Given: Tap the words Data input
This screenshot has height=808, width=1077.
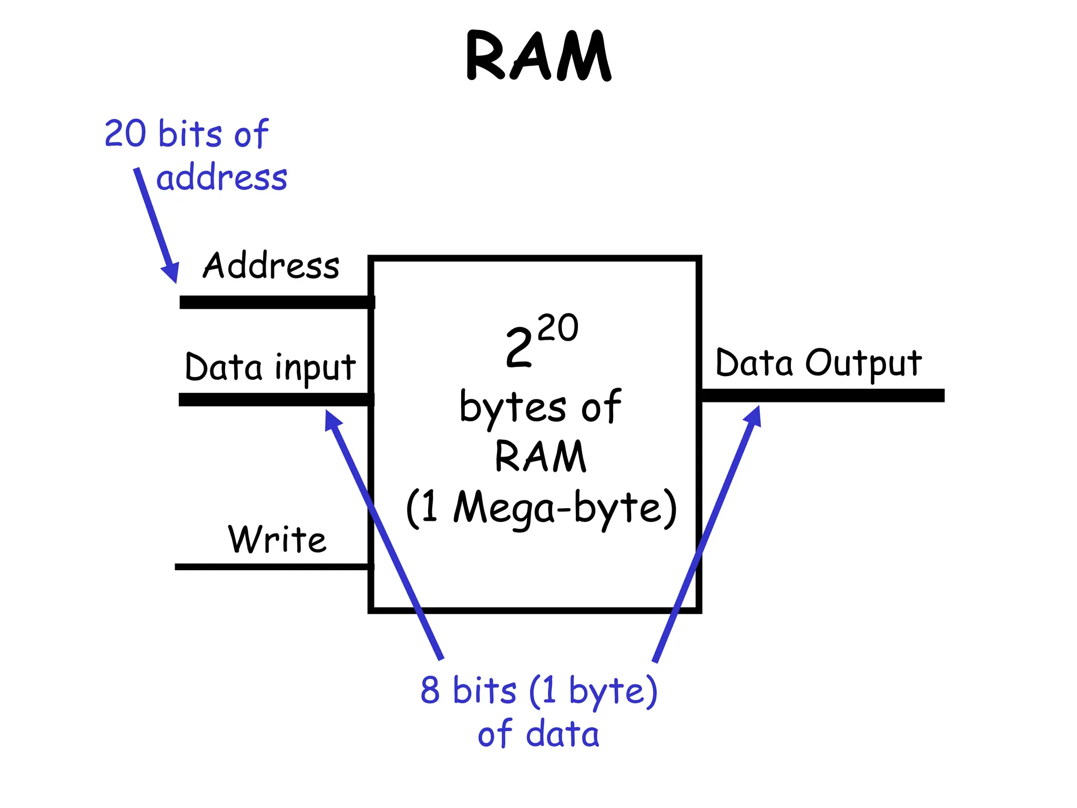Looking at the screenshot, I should pos(270,368).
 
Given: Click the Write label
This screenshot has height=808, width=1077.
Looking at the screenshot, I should pos(277,540).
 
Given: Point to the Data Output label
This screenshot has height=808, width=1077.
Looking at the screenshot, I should pos(818,363).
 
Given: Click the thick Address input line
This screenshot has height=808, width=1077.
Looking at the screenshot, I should pos(276,302).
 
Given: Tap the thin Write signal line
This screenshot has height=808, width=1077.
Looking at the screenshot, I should pos(273,567).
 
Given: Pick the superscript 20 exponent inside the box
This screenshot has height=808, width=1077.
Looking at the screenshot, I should pos(558,328).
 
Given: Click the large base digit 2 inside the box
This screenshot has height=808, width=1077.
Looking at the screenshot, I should pos(519,348).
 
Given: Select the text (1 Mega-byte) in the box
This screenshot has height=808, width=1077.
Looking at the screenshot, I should pos(541,508).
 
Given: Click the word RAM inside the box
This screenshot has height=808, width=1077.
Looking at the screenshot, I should pos(540,456).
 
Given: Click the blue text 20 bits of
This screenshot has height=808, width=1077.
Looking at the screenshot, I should pos(187,134).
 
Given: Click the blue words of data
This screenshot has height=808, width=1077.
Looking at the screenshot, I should pos(538,734).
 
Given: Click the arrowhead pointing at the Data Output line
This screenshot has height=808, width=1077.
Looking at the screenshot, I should pos(754,416).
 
